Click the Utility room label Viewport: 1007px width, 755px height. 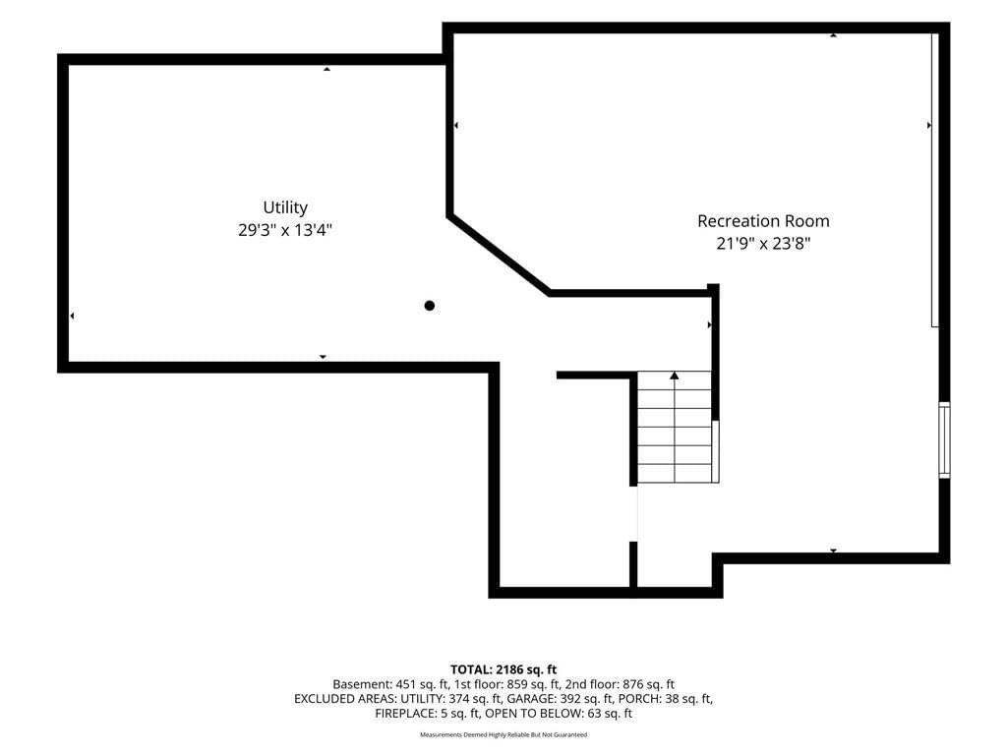285,207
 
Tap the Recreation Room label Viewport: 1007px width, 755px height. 763,221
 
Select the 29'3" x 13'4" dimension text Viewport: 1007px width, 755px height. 285,230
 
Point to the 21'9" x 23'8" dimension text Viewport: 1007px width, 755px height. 763,244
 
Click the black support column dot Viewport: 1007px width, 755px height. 430,306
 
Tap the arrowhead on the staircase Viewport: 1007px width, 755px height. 675,375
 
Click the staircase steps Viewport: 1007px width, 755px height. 675,427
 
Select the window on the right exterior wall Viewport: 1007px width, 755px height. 945,439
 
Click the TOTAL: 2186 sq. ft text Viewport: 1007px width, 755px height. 503,670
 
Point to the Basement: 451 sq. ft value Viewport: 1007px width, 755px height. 390,684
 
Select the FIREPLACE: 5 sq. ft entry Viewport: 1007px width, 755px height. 428,714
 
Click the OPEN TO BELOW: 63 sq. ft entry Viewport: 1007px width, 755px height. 559,714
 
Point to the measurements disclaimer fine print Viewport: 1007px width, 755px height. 503,734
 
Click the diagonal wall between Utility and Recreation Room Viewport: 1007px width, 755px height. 499,255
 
